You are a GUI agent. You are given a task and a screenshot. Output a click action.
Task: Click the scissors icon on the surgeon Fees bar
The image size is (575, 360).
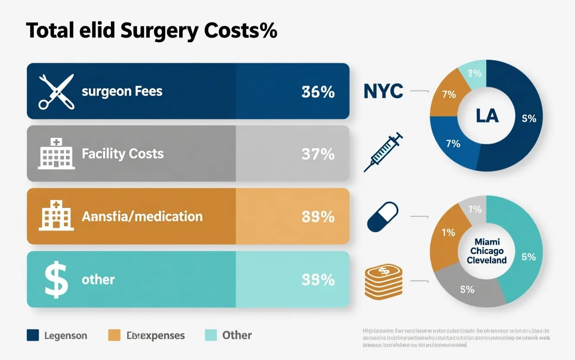tap(56, 91)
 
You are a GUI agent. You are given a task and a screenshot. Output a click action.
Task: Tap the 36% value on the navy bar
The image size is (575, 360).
tap(318, 92)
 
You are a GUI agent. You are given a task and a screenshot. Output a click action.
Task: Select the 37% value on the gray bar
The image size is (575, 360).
tap(318, 154)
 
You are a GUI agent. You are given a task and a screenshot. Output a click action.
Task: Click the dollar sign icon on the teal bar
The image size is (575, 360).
tap(57, 280)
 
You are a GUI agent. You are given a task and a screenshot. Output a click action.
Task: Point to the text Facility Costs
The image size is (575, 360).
tap(123, 154)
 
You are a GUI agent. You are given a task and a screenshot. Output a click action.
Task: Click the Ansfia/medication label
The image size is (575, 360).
tap(142, 216)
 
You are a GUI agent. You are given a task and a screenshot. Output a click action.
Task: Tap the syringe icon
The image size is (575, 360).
tap(383, 152)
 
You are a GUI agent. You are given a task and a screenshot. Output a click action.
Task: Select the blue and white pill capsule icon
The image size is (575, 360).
tap(382, 216)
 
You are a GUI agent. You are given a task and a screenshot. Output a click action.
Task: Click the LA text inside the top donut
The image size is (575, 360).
tap(487, 116)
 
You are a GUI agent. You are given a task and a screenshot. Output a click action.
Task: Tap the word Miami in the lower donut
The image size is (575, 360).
tap(487, 241)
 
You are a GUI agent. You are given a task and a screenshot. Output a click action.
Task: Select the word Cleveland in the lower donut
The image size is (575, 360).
tap(487, 260)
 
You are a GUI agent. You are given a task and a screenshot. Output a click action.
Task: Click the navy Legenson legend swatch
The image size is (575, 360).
tap(33, 335)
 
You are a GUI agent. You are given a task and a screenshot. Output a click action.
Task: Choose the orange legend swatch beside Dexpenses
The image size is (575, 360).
tap(114, 335)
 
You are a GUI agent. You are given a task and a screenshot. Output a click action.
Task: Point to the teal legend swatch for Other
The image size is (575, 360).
tap(210, 335)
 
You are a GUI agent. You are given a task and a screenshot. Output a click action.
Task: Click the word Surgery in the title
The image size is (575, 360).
tap(159, 31)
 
